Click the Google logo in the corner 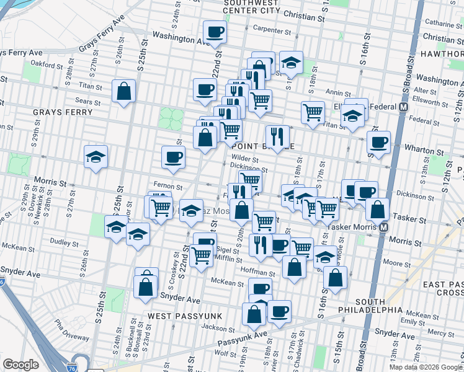[x=21, y=365]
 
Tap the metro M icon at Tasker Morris [x=384, y=227]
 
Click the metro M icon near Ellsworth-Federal [x=404, y=107]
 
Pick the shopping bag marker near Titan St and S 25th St [x=124, y=91]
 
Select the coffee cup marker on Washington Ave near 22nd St [x=215, y=32]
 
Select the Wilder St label [x=245, y=159]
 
